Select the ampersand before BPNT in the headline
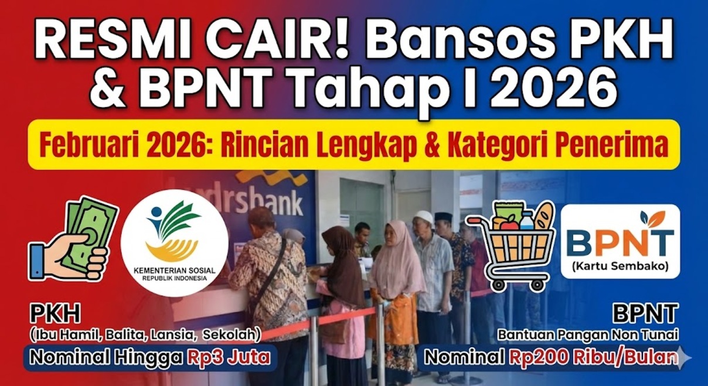coord(108,90)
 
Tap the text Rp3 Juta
coord(230,357)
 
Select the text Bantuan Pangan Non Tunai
coord(588,335)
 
